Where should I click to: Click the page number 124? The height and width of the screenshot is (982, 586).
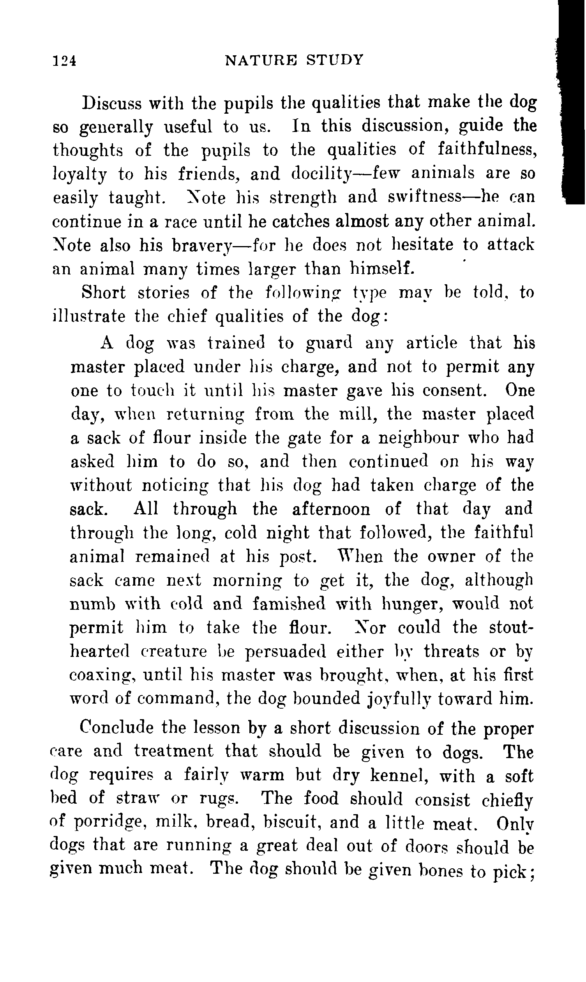[64, 61]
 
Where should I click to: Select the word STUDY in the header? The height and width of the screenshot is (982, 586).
[334, 60]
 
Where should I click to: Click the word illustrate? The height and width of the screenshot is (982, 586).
[89, 317]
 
